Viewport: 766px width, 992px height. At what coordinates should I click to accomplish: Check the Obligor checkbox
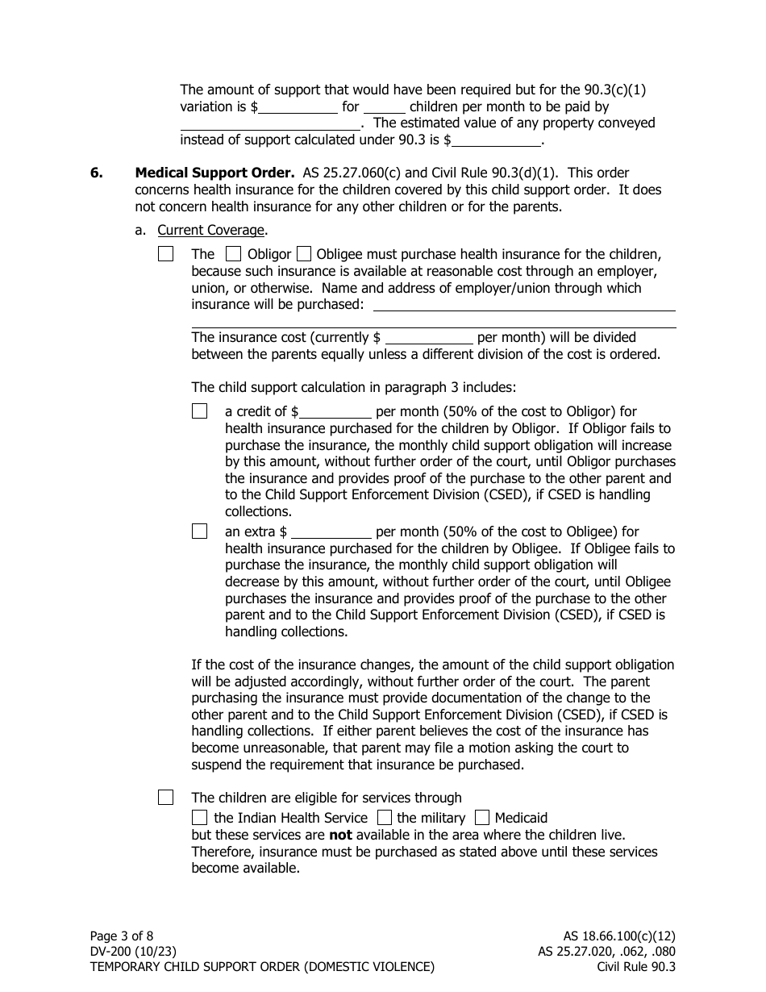point(234,254)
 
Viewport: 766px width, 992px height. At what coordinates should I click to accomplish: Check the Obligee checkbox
point(304,254)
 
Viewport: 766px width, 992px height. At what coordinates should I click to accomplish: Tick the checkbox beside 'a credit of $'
point(200,411)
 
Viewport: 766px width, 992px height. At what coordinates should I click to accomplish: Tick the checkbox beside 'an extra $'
point(200,531)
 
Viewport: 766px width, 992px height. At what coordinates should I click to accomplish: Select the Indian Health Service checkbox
point(200,817)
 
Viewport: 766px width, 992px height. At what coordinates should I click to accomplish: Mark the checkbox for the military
point(385,817)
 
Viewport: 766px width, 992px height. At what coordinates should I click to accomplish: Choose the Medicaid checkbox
point(482,817)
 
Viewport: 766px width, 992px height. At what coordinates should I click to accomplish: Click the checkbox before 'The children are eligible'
point(166,798)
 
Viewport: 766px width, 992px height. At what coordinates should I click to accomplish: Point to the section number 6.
point(96,173)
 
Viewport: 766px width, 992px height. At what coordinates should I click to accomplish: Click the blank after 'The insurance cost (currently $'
point(429,338)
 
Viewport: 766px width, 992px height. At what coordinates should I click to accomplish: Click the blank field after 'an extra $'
point(331,532)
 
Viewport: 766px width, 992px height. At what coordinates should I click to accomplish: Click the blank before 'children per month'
point(385,107)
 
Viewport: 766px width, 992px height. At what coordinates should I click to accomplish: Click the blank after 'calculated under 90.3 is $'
point(497,140)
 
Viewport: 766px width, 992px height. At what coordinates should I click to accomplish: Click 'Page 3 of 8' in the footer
point(122,936)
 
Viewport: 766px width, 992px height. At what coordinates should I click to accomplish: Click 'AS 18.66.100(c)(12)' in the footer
point(619,936)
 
